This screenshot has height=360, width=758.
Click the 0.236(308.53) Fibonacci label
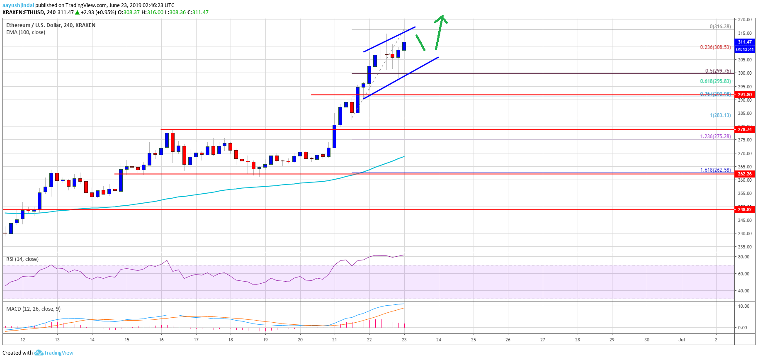tap(715, 47)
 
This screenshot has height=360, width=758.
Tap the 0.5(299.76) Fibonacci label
tap(718, 71)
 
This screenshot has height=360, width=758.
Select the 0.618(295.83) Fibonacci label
tap(715, 81)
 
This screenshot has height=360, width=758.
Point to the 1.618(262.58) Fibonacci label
tap(715, 170)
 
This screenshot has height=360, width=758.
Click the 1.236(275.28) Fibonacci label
tap(715, 136)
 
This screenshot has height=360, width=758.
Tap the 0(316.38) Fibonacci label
tap(720, 27)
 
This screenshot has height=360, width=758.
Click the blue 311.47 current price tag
tap(745, 42)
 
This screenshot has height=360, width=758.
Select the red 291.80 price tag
tap(745, 95)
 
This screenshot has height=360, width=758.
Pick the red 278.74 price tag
tap(745, 129)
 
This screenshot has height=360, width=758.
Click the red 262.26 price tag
tap(745, 174)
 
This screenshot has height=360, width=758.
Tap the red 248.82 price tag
tap(745, 209)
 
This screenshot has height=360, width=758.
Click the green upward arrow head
tap(442, 18)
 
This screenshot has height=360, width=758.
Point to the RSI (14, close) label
tap(22, 259)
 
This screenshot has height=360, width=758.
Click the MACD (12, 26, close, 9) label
tap(33, 309)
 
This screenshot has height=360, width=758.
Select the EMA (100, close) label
tap(26, 32)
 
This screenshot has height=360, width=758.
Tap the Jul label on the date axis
tap(681, 340)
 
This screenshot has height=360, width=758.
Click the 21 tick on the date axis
tap(335, 340)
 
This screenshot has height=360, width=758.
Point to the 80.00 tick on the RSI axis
tap(743, 257)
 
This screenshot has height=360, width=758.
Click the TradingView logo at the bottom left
tap(54, 353)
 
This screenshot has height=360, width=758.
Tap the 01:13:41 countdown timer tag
tap(745, 49)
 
